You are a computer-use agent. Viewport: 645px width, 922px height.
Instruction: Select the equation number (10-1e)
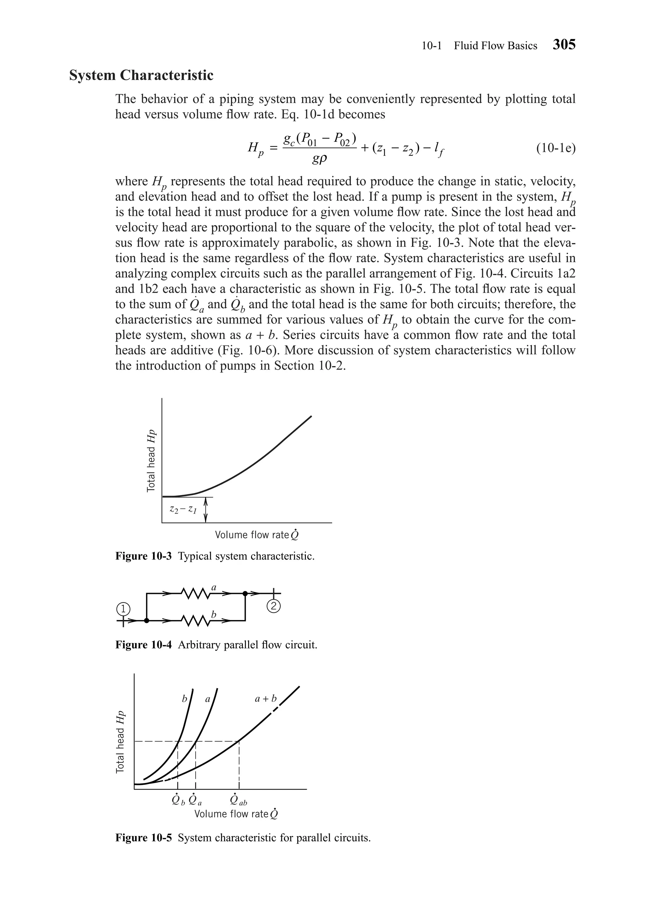pyautogui.click(x=556, y=148)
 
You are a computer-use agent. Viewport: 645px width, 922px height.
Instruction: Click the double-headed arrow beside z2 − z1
pyautogui.click(x=206, y=510)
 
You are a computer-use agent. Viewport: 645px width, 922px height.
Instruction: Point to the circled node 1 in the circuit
pyautogui.click(x=123, y=609)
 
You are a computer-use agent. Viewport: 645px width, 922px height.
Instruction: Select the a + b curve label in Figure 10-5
pyautogui.click(x=266, y=699)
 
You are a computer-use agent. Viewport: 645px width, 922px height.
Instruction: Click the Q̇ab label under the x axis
pyautogui.click(x=238, y=801)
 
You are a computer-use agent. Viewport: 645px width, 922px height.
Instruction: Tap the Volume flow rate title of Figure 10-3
pyautogui.click(x=257, y=535)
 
